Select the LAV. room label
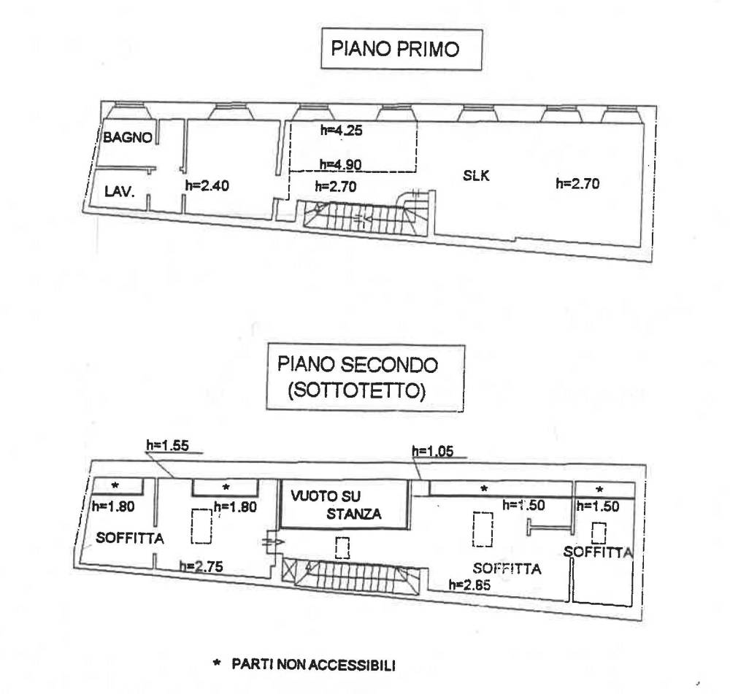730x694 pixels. click(116, 193)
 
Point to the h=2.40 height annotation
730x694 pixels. click(207, 186)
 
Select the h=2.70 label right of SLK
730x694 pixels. click(577, 184)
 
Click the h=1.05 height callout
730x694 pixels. click(433, 451)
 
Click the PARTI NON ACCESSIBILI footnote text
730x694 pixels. click(313, 665)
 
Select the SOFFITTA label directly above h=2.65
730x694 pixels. click(507, 568)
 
